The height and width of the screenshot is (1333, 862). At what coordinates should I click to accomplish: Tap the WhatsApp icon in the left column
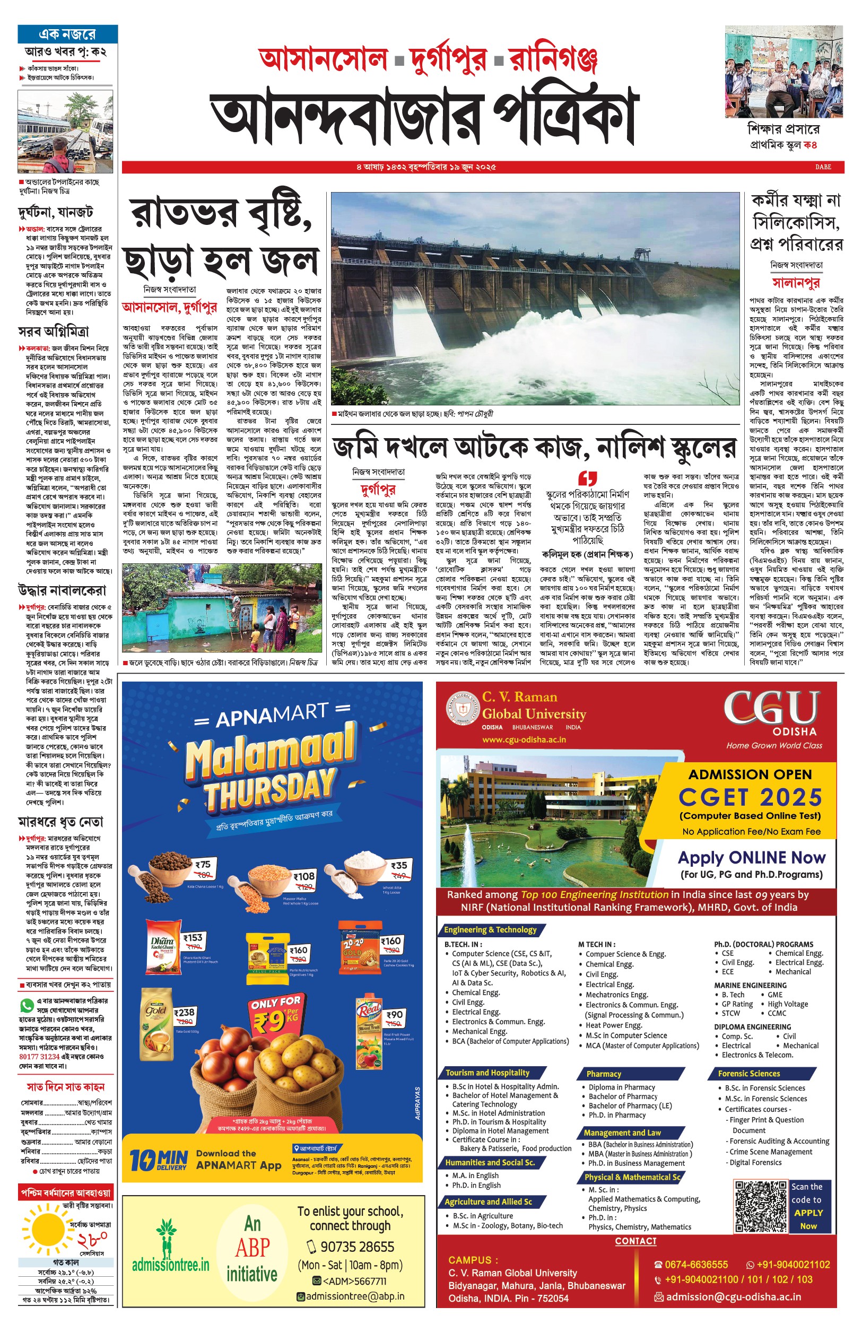(x=27, y=1006)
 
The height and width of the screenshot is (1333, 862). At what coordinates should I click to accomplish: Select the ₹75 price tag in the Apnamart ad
(x=203, y=865)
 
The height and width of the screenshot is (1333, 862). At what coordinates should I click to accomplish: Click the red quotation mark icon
(x=587, y=478)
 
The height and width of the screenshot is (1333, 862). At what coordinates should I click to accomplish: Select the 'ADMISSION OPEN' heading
(x=750, y=774)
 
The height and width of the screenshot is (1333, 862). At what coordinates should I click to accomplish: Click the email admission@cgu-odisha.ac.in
(x=733, y=1296)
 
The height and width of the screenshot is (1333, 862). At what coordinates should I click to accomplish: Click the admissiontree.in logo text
(x=170, y=1264)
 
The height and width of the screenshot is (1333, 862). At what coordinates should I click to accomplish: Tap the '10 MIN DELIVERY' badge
(x=159, y=1160)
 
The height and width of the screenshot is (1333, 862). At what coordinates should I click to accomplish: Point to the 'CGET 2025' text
(x=750, y=797)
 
